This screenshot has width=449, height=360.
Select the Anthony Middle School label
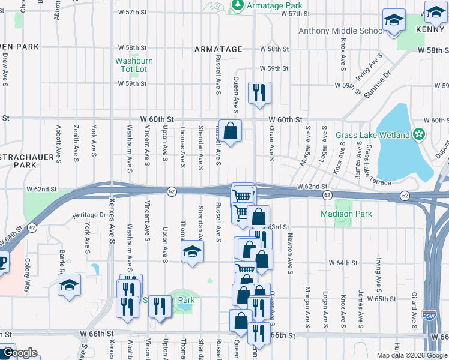click(x=342, y=31)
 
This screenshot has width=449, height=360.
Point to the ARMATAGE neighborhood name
click(x=218, y=49)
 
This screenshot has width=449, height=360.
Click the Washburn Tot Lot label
click(x=131, y=65)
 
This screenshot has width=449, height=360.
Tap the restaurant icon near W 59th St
click(x=259, y=92)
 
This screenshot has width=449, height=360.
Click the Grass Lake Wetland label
click(x=373, y=135)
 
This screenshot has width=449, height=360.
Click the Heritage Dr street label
click(x=85, y=215)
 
